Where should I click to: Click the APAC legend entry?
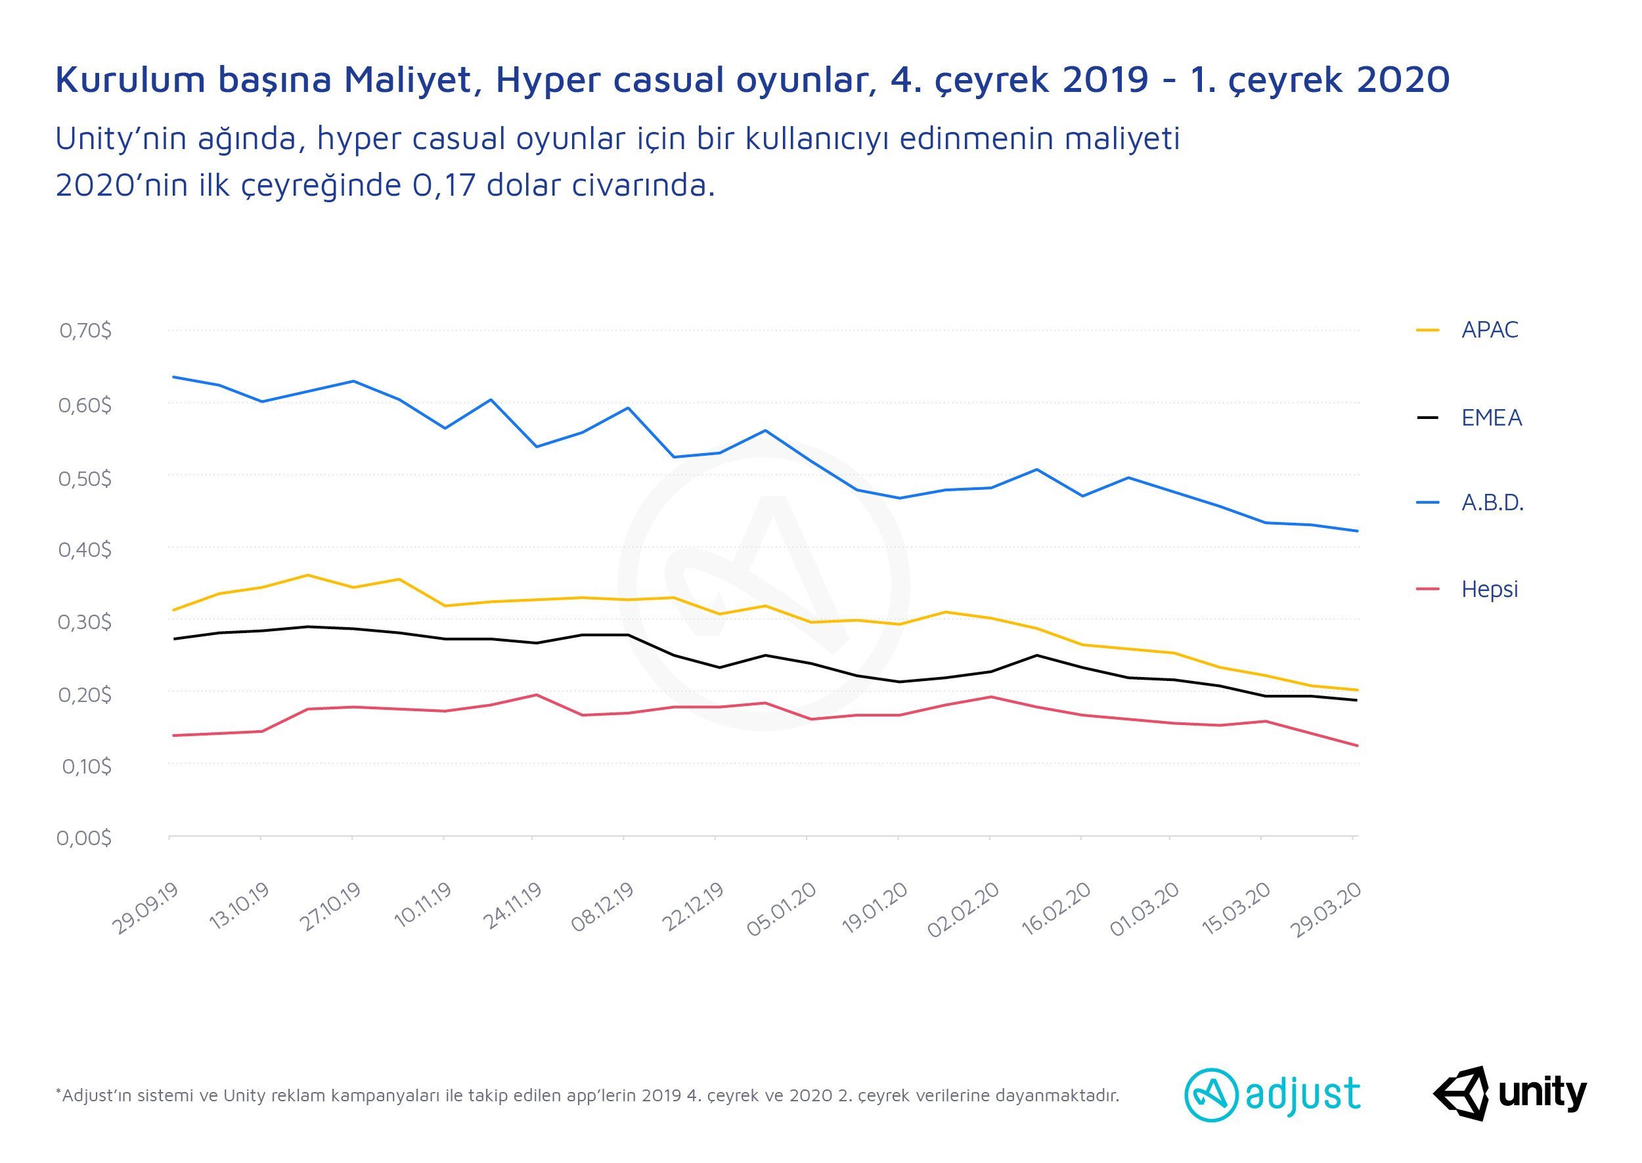pyautogui.click(x=1489, y=330)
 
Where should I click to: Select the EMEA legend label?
pyautogui.click(x=1491, y=418)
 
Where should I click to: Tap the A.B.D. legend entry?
pyautogui.click(x=1492, y=503)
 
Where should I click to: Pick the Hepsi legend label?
pyautogui.click(x=1489, y=589)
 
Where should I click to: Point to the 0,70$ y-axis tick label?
pyautogui.click(x=85, y=330)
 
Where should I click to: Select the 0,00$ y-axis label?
pyautogui.click(x=84, y=837)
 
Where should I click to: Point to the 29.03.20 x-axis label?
pyautogui.click(x=1325, y=910)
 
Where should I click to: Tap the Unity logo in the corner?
pyautogui.click(x=1509, y=1093)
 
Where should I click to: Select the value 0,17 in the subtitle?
pyautogui.click(x=444, y=185)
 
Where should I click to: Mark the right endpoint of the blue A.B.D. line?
pyautogui.click(x=1357, y=531)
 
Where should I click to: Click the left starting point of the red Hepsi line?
pyautogui.click(x=174, y=735)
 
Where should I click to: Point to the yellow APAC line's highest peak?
pyautogui.click(x=307, y=575)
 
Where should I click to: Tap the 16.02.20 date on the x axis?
pyautogui.click(x=1055, y=908)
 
